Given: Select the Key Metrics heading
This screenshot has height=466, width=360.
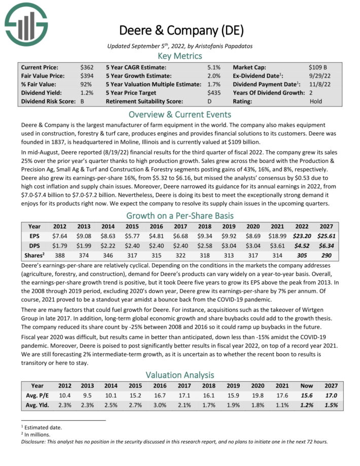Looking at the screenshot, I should click(180, 56).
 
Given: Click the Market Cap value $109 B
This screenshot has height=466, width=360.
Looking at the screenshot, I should click(318, 67).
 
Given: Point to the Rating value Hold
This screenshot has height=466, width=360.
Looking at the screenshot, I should click(316, 101).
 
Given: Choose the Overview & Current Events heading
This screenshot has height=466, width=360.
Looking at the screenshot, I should click(180, 114).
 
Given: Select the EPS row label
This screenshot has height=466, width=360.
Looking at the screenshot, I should click(35, 236).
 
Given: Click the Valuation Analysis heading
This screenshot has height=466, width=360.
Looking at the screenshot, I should click(180, 375).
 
